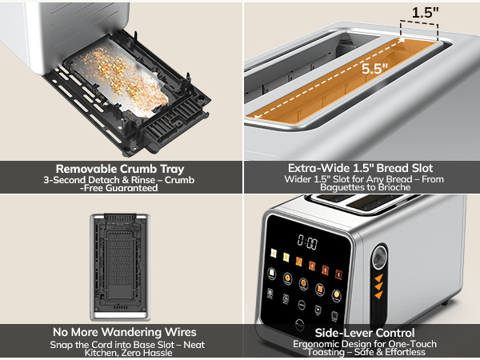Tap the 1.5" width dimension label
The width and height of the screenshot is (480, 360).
(x=424, y=12)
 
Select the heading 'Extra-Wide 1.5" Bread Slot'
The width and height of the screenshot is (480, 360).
(x=361, y=168)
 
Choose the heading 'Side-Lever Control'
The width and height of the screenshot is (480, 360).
(x=361, y=331)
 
